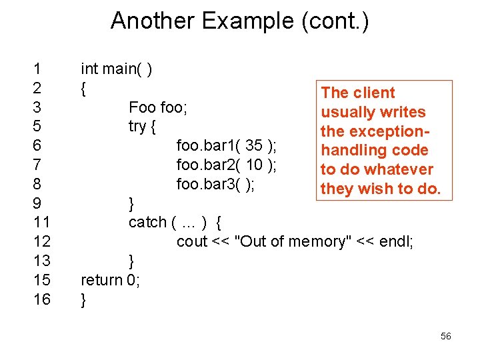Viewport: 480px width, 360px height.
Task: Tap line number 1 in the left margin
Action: [x=37, y=69]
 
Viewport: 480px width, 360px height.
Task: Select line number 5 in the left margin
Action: [x=37, y=126]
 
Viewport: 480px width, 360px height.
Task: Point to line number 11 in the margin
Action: [x=41, y=222]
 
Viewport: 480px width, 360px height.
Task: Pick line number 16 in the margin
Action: [x=41, y=299]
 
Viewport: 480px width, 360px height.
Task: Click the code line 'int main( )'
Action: [x=116, y=69]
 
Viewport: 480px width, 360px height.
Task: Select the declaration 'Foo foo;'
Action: [x=158, y=107]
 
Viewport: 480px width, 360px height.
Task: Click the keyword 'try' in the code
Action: [x=138, y=126]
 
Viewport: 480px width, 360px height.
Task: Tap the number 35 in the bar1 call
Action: [x=253, y=145]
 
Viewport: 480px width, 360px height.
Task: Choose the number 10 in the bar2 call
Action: [x=254, y=165]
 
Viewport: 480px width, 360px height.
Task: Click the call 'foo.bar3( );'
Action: [x=216, y=184]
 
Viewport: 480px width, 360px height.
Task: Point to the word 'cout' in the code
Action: [x=192, y=241]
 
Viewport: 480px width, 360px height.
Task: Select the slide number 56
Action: [x=446, y=337]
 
